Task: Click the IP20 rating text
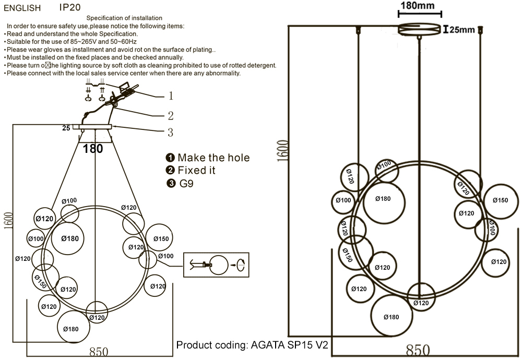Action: (70, 8)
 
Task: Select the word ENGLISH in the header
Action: (22, 8)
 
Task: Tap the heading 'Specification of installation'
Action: (124, 19)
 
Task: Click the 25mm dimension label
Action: (462, 30)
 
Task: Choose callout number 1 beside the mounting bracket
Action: (170, 96)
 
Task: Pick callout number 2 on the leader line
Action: (170, 116)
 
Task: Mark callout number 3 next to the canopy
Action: (170, 133)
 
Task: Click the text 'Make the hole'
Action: (213, 158)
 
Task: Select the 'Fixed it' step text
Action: (196, 171)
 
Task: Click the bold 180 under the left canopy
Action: (93, 149)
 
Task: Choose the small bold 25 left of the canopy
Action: (66, 127)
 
